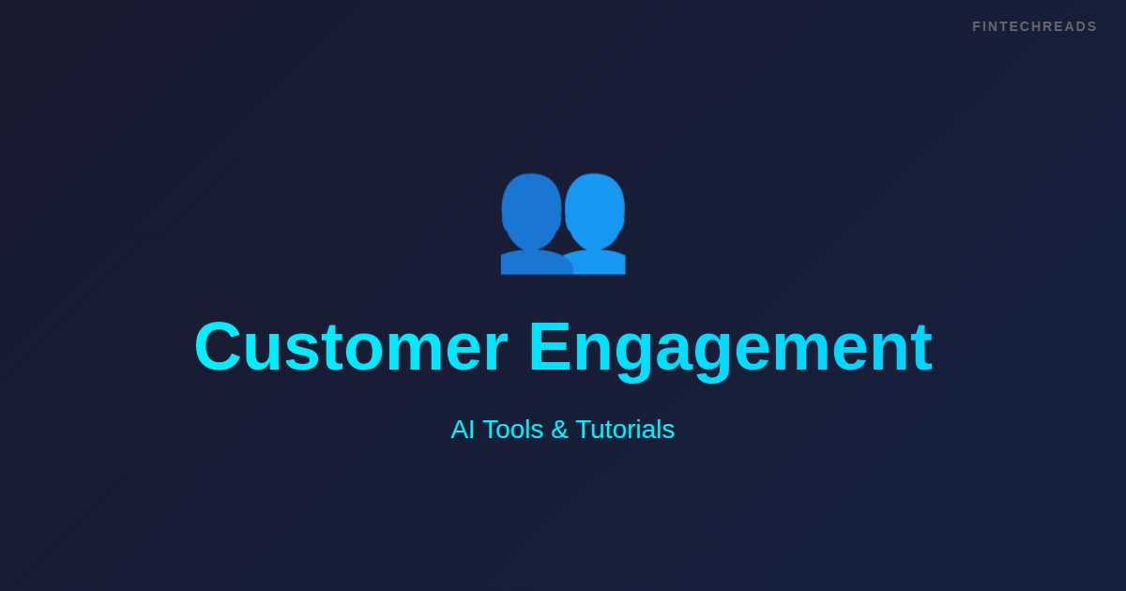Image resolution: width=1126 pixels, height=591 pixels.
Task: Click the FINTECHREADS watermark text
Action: pos(1034,26)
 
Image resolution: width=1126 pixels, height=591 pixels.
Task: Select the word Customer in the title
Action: pos(351,347)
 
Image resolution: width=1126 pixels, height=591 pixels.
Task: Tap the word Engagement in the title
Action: pos(730,347)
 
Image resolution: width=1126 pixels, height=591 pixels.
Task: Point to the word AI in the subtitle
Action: pos(463,430)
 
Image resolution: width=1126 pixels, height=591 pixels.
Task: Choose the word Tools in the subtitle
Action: pos(513,430)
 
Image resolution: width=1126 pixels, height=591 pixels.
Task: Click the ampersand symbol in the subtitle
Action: pos(559,430)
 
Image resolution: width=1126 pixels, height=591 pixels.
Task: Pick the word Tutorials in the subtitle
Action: pos(625,430)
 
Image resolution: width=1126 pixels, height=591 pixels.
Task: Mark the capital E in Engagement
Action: pos(550,347)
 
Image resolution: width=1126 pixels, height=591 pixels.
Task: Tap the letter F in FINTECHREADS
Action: pos(977,26)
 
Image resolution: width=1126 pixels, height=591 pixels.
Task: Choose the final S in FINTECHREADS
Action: pos(1092,26)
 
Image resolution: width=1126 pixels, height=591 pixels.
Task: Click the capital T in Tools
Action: pos(491,430)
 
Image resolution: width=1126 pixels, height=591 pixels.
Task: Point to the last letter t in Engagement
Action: pos(922,347)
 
